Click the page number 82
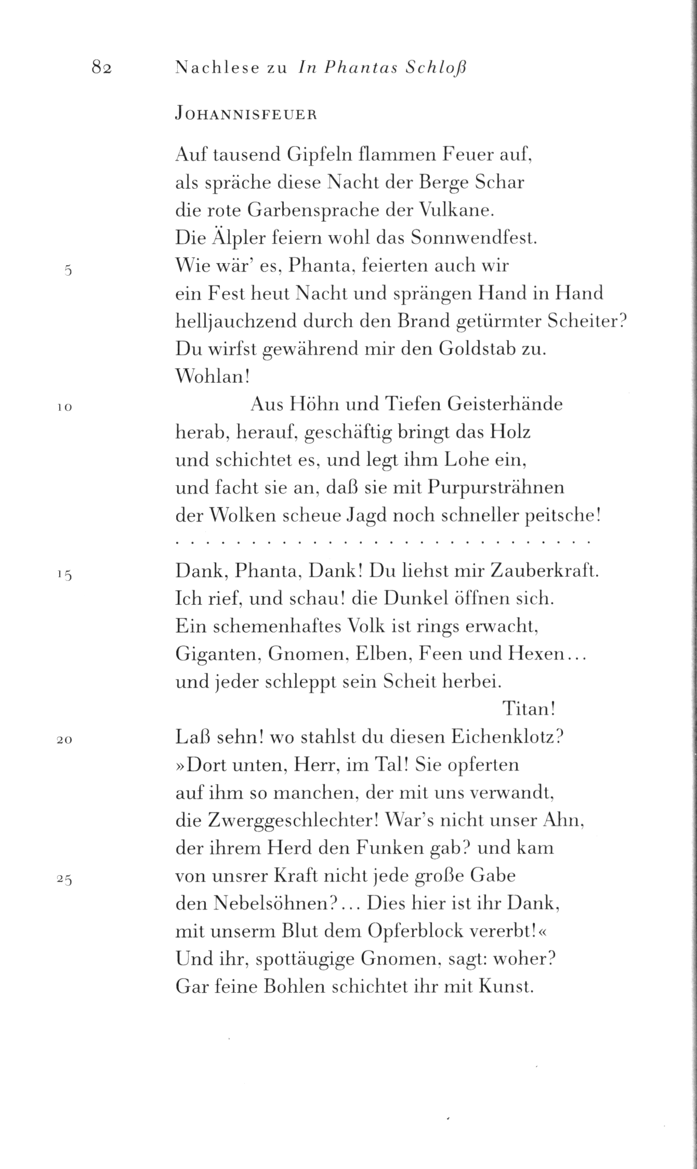click(x=102, y=68)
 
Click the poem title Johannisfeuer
click(x=246, y=115)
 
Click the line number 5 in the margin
click(x=67, y=270)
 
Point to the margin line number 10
click(x=64, y=408)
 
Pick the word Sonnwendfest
click(x=473, y=239)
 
